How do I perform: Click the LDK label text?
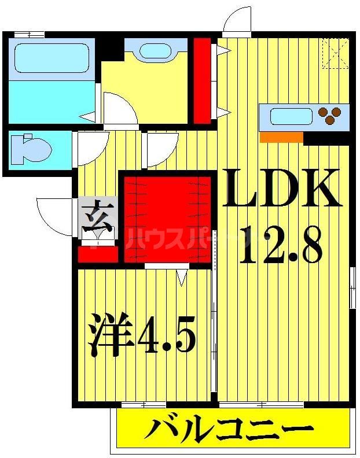[x=282, y=188]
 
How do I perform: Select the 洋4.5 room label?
[x=142, y=335]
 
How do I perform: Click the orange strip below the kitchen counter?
[x=282, y=138]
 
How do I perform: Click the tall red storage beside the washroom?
[x=202, y=80]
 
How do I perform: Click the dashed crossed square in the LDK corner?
[x=335, y=53]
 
